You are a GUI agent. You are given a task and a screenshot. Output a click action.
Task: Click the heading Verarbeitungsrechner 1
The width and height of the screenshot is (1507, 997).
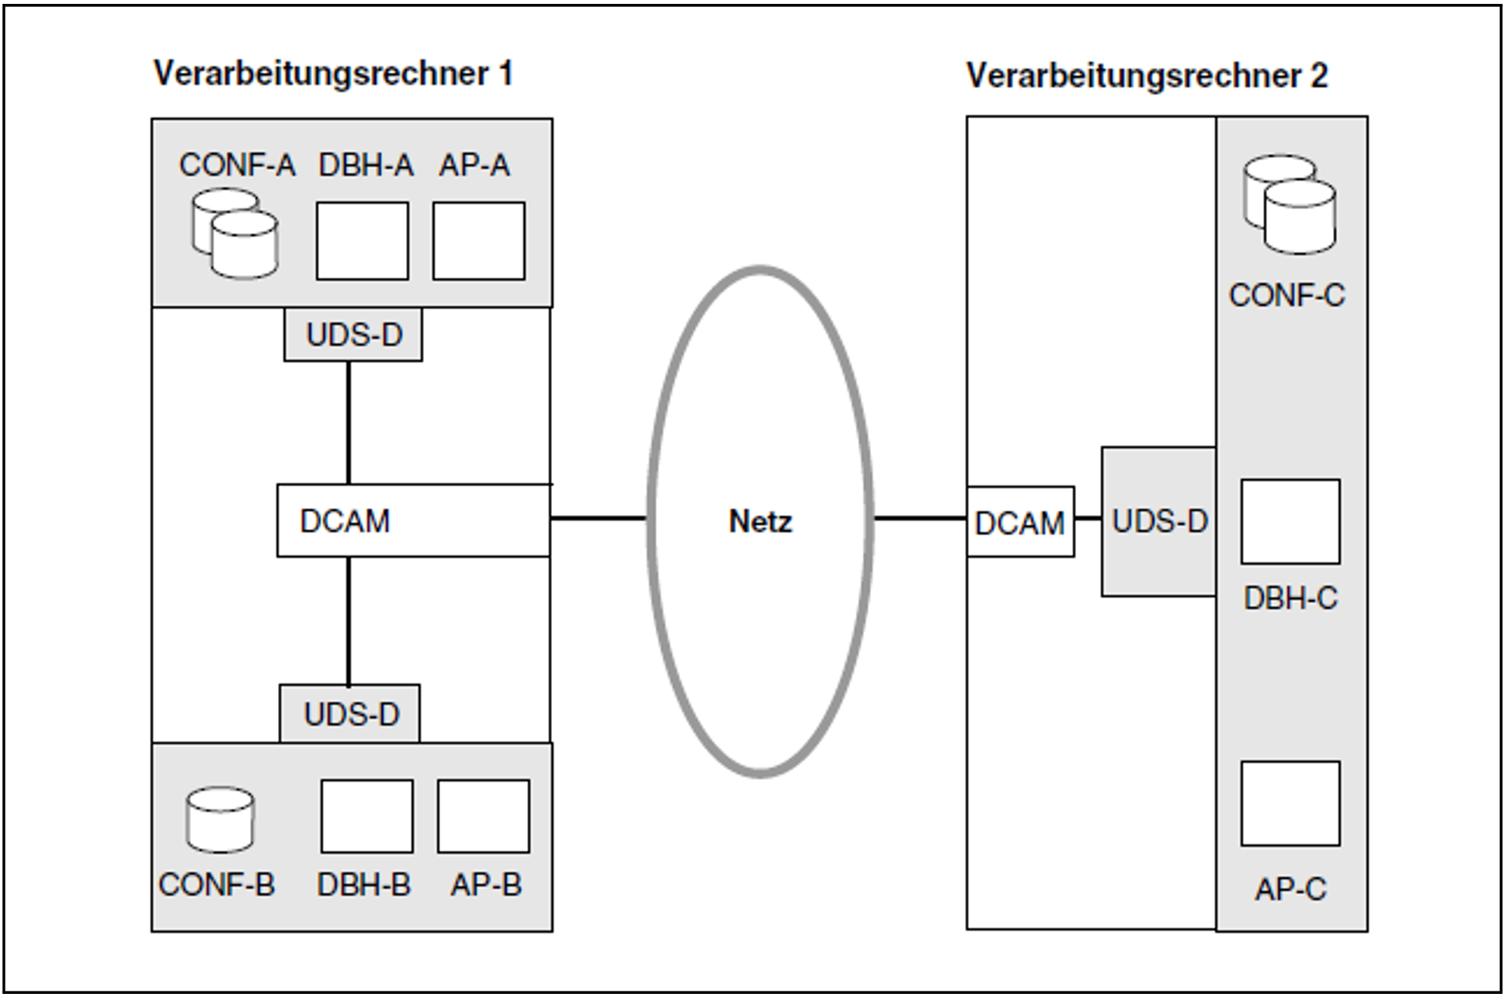333,75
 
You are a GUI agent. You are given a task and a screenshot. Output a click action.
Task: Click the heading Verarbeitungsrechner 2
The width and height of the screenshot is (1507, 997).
1147,76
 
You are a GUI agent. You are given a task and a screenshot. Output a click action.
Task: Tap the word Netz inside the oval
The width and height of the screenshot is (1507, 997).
760,522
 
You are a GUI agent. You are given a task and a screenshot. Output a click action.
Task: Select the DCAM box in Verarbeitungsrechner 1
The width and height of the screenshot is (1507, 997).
413,521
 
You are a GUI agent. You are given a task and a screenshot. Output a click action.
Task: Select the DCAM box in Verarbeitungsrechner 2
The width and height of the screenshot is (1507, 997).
1020,523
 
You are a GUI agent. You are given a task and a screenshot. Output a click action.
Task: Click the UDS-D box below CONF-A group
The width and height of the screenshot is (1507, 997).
353,335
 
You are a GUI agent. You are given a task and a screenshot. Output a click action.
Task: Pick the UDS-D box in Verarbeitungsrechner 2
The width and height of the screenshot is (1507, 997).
1158,522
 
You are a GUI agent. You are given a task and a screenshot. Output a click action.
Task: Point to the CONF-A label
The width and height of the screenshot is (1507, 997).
237,165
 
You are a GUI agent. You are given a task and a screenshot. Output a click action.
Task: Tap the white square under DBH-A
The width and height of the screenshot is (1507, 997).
362,241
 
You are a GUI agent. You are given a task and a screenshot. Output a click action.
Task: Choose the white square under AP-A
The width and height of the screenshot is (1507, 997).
478,241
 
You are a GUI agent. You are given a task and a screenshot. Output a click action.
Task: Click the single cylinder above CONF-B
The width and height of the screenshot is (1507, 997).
220,820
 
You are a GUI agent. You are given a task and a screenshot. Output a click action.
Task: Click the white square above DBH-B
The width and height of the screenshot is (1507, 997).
366,817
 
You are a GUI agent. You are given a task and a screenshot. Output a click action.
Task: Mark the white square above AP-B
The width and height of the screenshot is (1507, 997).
483,817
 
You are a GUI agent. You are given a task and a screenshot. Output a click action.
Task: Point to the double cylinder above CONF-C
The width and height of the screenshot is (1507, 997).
1289,205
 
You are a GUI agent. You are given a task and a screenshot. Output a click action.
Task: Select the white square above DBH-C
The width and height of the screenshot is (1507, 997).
1290,522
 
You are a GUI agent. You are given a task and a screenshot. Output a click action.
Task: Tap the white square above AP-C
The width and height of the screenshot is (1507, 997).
1290,804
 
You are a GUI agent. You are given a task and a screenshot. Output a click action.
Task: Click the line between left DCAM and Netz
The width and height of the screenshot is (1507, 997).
598,518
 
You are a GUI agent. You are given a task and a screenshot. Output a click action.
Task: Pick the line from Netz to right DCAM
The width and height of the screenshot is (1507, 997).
920,518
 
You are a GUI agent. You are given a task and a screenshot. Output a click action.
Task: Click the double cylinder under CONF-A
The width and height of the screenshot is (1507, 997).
235,234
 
